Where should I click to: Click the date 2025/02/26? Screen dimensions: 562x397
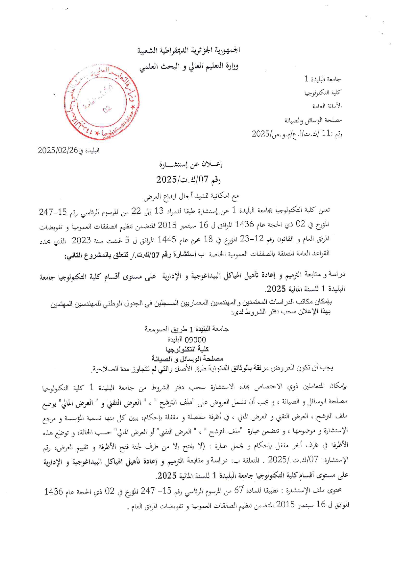[x=58, y=150]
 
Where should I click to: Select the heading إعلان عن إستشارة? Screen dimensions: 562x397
[x=191, y=164]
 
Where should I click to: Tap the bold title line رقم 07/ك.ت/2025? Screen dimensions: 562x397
[x=188, y=179]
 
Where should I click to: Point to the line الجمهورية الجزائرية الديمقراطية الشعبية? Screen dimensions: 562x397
[x=189, y=50]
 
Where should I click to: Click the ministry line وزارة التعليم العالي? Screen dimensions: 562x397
[x=189, y=66]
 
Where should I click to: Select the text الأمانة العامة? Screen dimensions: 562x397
[x=327, y=106]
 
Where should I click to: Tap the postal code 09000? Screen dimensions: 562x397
[x=196, y=340]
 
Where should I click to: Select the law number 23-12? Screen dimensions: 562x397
[x=255, y=239]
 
